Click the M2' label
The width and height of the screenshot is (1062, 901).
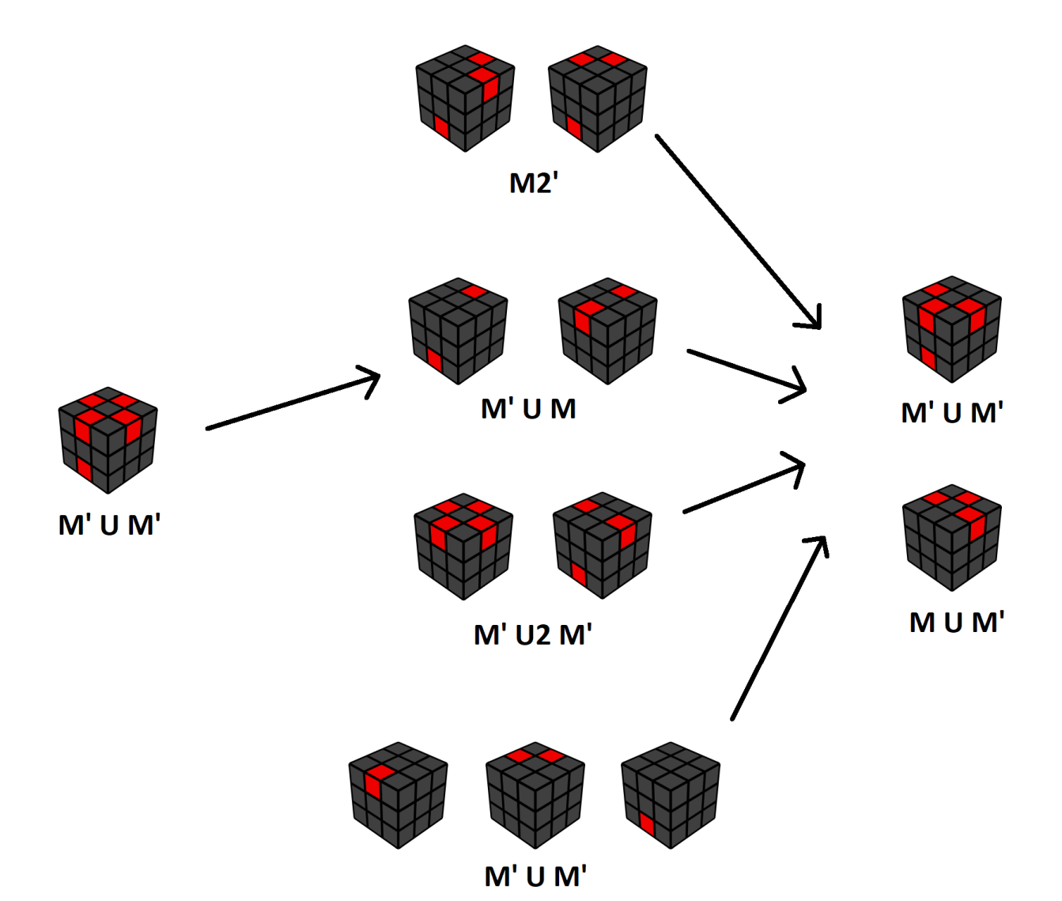[x=534, y=184]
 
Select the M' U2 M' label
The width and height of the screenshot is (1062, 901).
[x=532, y=635]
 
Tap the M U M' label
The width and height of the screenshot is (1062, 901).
[x=957, y=623]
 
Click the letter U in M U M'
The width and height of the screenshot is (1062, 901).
[x=954, y=623]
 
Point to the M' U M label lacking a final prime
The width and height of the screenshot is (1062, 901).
[x=528, y=409]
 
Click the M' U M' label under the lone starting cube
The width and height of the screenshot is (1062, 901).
[x=109, y=525]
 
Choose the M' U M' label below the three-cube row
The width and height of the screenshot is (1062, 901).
[x=535, y=876]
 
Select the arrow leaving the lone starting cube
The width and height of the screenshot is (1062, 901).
[x=293, y=403]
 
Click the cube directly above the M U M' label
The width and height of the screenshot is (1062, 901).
[x=952, y=537]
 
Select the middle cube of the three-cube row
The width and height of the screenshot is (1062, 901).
[x=535, y=794]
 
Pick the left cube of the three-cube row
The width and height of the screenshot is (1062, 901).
[x=398, y=794]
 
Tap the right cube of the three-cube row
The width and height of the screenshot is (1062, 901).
[x=671, y=794]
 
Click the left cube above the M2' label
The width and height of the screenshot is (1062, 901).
[x=465, y=98]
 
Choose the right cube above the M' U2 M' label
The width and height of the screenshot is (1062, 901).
[x=603, y=545]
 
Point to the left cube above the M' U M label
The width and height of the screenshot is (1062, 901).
[x=458, y=331]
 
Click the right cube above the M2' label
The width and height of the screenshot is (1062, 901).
[x=598, y=98]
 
